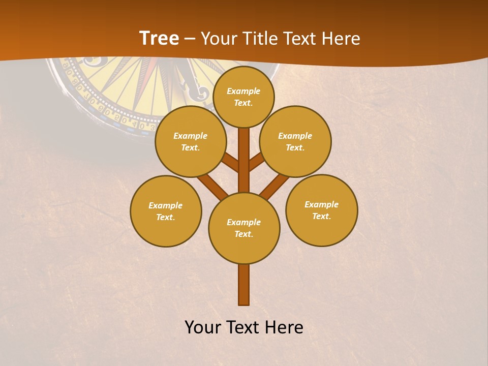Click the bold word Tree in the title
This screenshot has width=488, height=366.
click(159, 38)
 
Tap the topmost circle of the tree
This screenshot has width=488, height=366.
click(243, 97)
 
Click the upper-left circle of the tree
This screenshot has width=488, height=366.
click(190, 141)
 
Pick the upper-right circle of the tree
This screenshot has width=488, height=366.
click(295, 141)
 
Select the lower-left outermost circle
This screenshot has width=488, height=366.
click(166, 211)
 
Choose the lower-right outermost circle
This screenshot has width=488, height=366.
click(321, 210)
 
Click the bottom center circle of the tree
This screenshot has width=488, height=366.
click(244, 228)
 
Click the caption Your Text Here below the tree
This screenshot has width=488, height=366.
click(244, 327)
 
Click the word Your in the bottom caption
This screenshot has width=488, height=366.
click(203, 327)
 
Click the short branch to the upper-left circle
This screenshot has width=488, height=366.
click(230, 162)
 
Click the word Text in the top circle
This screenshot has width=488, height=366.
click(242, 103)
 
